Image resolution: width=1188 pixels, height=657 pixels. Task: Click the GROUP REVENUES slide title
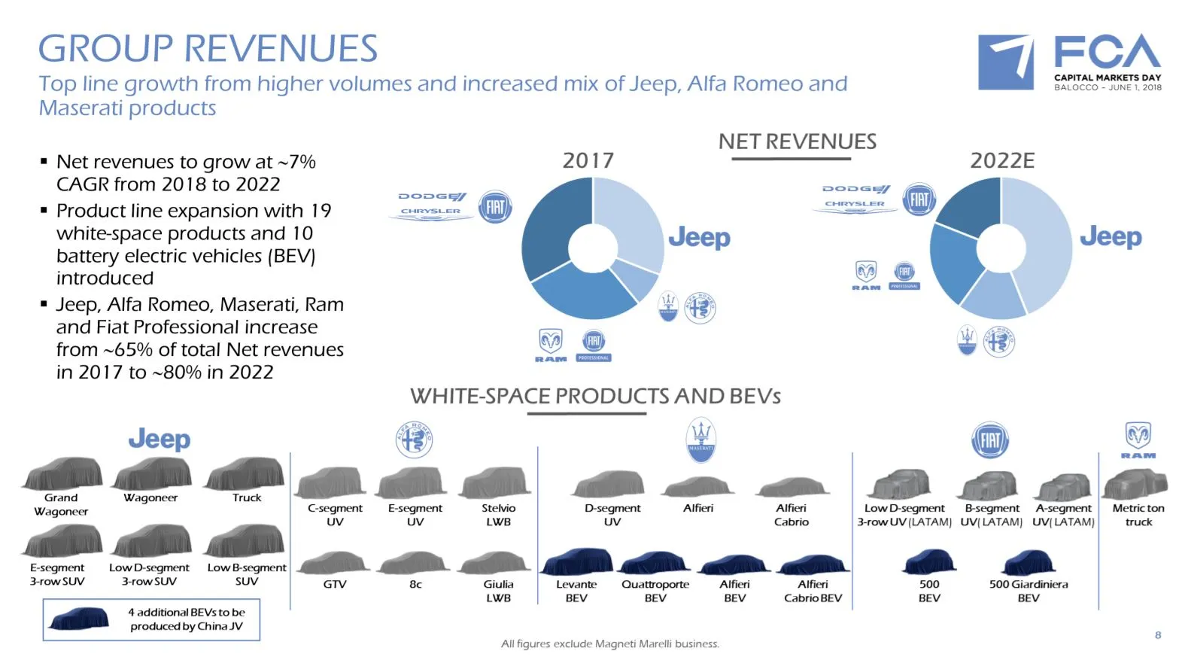point(208,49)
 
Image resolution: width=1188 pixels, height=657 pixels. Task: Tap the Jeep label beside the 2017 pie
point(699,238)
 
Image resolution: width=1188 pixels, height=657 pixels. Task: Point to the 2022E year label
point(1002,160)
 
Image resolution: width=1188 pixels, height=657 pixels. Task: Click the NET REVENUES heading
point(797,141)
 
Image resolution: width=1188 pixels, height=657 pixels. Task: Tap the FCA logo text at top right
point(1107,53)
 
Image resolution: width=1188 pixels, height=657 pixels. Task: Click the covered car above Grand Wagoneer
point(62,473)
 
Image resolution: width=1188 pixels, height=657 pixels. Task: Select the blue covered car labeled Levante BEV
point(577,562)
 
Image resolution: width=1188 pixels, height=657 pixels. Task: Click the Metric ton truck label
point(1138,515)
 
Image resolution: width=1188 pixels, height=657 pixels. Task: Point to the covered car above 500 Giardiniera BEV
point(1028,562)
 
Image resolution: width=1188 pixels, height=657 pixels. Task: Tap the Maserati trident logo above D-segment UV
point(700,439)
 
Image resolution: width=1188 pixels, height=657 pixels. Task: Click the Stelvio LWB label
point(498,515)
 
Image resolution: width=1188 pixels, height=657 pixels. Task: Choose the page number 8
point(1157,635)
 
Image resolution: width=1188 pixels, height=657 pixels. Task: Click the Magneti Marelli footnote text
point(609,643)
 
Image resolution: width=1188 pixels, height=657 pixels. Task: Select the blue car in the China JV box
point(79,619)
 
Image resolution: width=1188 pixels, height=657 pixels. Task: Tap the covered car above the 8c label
point(415,563)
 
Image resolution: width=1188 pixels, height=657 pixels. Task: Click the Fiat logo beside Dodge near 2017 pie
point(495,206)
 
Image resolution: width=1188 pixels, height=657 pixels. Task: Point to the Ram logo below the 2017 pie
point(551,343)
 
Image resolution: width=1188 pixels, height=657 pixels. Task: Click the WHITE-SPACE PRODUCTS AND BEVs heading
point(594,396)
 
